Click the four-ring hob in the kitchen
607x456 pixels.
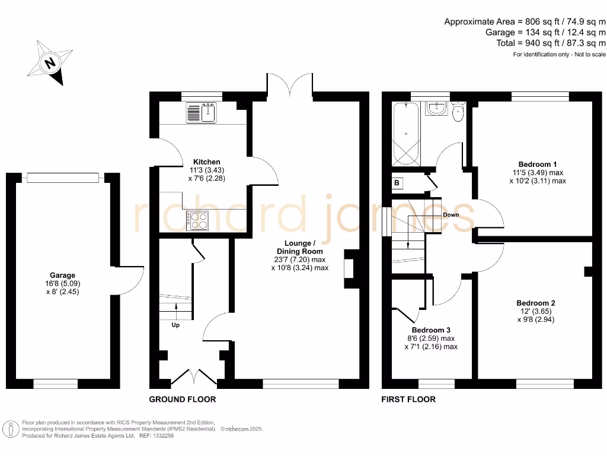(198, 220)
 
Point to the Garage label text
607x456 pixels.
(62, 275)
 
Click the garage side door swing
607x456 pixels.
(130, 279)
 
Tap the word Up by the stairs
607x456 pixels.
(175, 325)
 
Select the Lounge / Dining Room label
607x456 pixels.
(300, 246)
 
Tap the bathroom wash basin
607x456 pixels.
(437, 107)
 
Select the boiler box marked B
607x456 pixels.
(397, 183)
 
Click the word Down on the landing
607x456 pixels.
(451, 215)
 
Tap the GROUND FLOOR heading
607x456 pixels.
(183, 399)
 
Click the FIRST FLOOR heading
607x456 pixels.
(408, 399)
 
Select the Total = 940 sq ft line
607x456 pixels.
(551, 43)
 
